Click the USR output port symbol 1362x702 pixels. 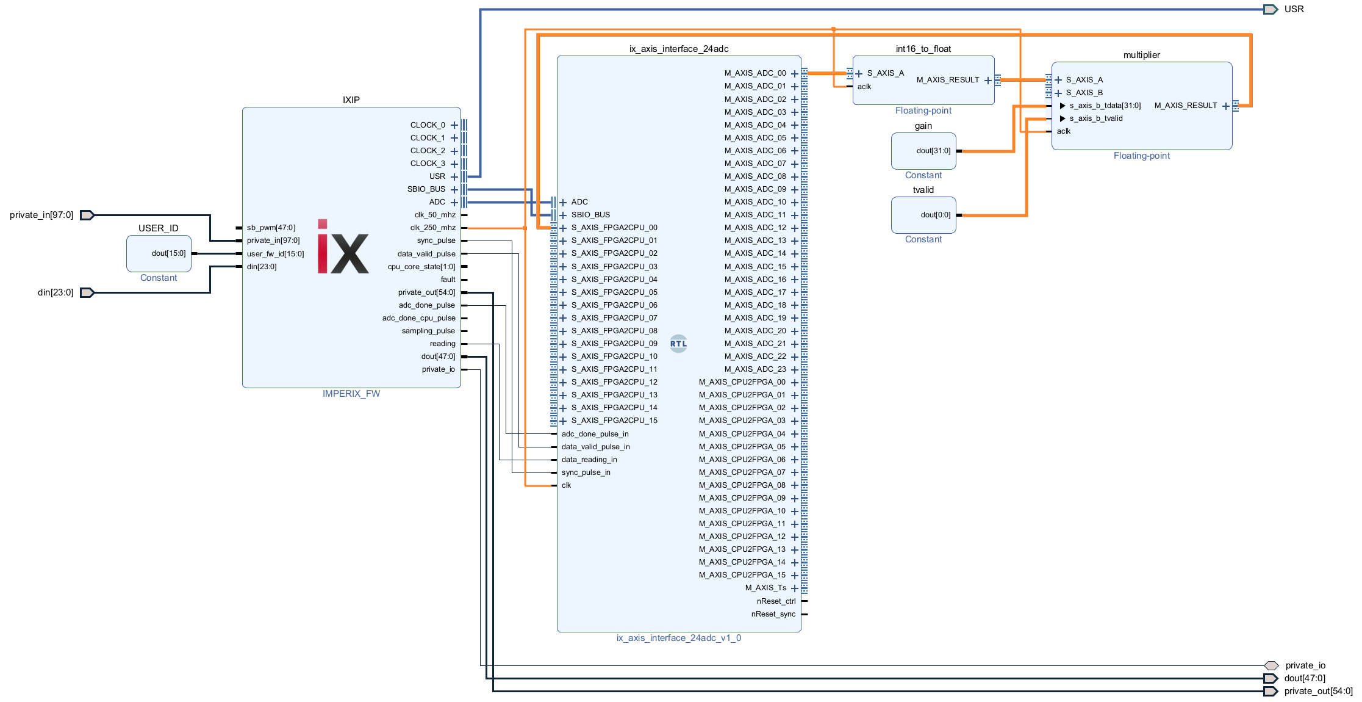(x=1271, y=9)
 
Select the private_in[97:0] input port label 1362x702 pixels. (x=41, y=215)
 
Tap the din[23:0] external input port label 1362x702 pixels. (x=56, y=292)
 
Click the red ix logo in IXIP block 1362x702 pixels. (x=343, y=247)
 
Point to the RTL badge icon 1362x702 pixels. (x=678, y=344)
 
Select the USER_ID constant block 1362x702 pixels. (x=159, y=253)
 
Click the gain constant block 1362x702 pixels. (x=923, y=151)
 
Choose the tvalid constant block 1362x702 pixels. (x=923, y=215)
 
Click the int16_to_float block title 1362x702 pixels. (x=923, y=49)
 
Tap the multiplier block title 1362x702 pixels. (x=1141, y=55)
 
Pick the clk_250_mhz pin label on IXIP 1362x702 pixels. (x=432, y=228)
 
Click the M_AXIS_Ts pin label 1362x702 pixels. (x=765, y=588)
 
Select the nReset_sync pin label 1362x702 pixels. (x=773, y=614)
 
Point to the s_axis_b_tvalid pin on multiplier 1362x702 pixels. (x=1095, y=118)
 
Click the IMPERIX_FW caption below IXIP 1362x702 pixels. (x=351, y=394)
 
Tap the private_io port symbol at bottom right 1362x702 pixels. (x=1271, y=665)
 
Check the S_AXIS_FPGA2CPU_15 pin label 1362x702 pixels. (x=614, y=421)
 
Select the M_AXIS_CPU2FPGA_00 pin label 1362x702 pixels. (x=742, y=382)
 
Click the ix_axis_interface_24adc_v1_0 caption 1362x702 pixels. (x=678, y=638)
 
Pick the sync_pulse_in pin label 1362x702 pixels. (x=586, y=472)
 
